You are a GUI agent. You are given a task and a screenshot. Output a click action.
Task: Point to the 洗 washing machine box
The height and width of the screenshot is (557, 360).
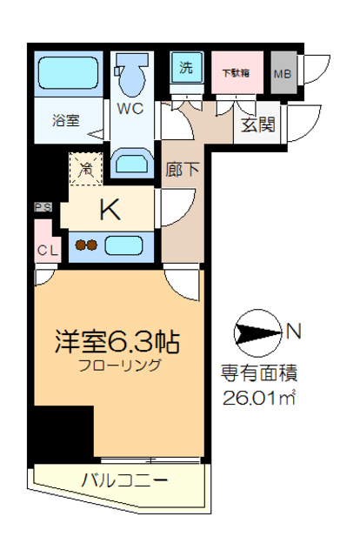pyautogui.click(x=186, y=66)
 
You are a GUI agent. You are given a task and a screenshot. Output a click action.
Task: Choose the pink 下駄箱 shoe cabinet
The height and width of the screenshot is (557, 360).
pyautogui.click(x=236, y=72)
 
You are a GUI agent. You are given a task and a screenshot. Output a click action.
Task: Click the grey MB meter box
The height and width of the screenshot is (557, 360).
pyautogui.click(x=283, y=73)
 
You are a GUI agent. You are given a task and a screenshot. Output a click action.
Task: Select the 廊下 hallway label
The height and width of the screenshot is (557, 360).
pyautogui.click(x=181, y=171)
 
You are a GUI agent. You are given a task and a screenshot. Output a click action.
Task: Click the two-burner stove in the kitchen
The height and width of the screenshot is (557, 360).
pyautogui.click(x=85, y=245)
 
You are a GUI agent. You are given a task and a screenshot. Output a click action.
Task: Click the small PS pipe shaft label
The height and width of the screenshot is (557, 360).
pyautogui.click(x=42, y=207)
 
